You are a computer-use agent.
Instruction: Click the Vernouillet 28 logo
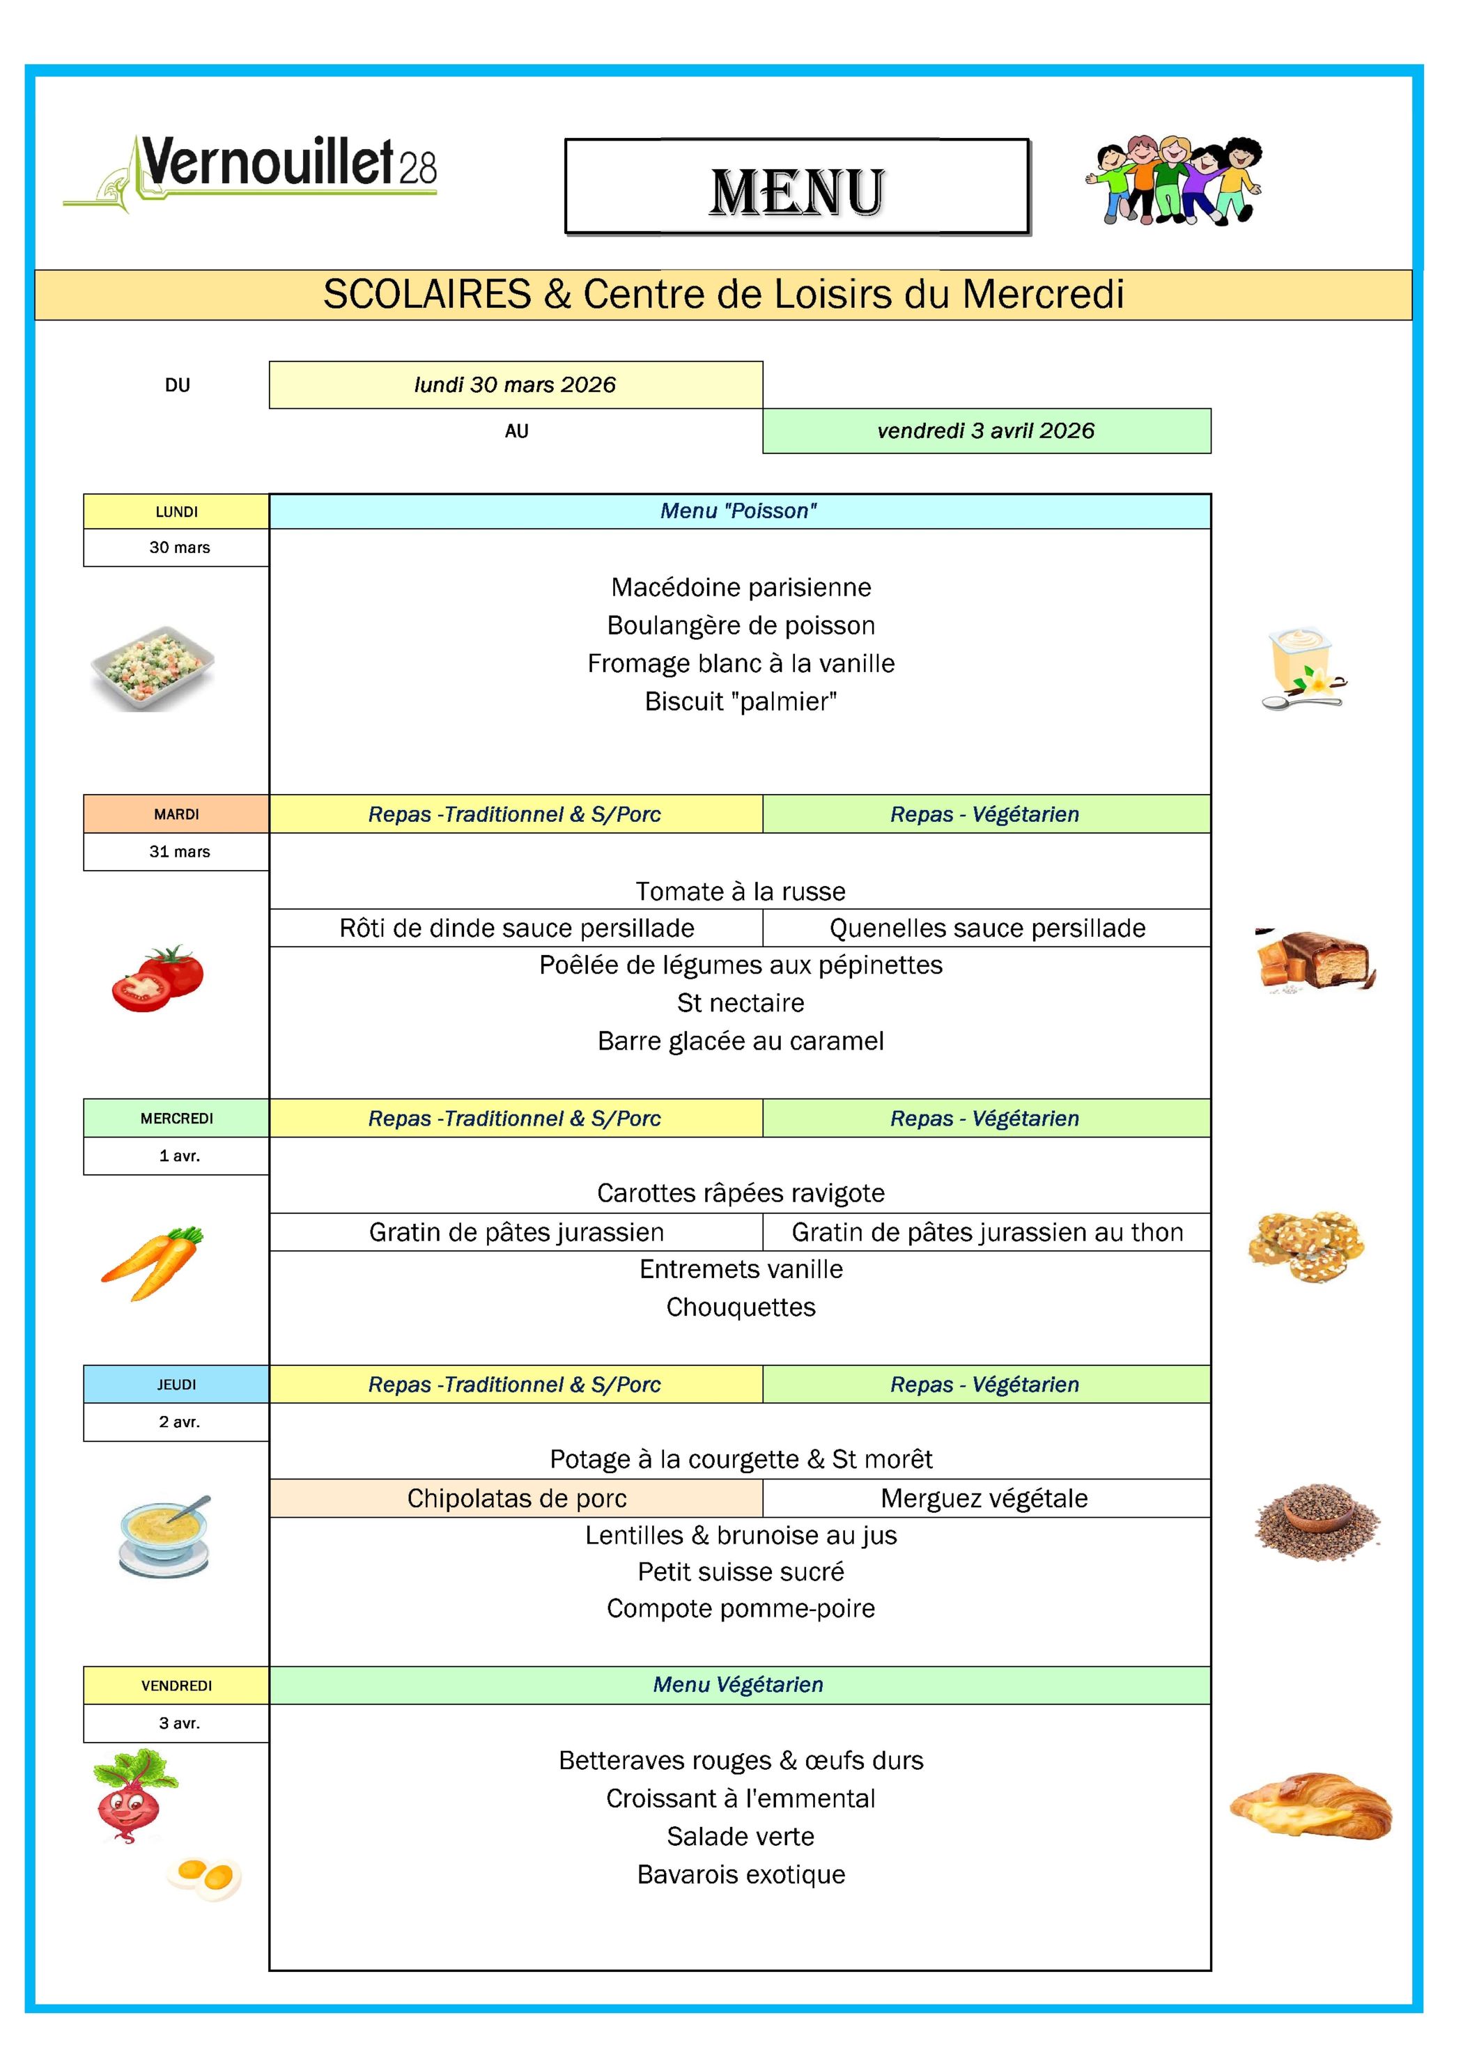point(250,171)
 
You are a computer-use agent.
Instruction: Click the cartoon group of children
point(1175,180)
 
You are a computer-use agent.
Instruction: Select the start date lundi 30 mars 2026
point(516,384)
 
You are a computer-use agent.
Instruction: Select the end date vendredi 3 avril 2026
point(986,430)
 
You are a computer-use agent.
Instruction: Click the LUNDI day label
point(176,511)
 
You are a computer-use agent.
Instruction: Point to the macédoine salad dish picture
point(153,668)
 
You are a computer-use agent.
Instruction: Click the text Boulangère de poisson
point(741,625)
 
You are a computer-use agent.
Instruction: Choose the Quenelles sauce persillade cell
point(987,928)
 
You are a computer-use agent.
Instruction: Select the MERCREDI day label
point(176,1118)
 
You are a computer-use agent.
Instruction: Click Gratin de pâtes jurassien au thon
point(987,1231)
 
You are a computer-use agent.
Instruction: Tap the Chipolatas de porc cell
point(516,1498)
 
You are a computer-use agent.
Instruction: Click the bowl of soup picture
point(166,1536)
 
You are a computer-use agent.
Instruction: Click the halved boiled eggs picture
point(206,1877)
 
